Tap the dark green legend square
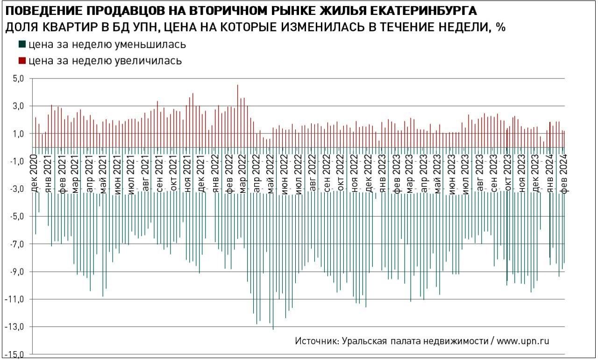22,45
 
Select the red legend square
22,61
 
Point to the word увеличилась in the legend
148,61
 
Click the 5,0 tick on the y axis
18,79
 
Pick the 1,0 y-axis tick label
18,134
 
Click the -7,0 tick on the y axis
16,244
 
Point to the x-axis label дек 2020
34,172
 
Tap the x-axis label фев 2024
563,172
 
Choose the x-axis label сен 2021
160,172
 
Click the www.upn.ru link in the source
523,341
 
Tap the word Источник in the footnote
316,341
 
